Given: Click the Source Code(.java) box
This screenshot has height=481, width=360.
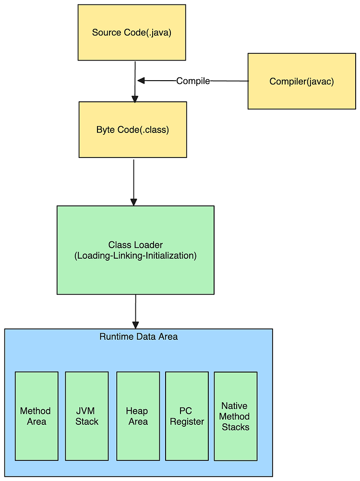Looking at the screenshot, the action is tap(132, 33).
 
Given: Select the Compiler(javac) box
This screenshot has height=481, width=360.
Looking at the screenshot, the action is tap(302, 81).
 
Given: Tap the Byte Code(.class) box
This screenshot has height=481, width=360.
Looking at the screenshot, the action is tap(133, 130).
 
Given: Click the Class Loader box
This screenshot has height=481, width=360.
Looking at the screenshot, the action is tap(135, 250).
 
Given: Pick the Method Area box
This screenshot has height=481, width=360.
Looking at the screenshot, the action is tap(36, 416).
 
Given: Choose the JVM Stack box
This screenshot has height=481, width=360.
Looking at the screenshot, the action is tap(87, 416).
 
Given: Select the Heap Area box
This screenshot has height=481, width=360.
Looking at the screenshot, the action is tap(138, 416).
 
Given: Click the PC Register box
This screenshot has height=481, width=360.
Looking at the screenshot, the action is tap(187, 416).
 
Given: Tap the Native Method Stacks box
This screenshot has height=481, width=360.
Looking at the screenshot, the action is tap(236, 416).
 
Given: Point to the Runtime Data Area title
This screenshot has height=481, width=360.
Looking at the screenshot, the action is tap(139, 337).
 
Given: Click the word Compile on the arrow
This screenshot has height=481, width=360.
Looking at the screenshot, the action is tap(193, 81).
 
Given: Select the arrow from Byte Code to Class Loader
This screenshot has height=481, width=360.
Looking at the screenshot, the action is tap(134, 182).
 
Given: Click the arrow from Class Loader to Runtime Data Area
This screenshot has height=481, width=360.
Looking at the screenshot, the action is tap(135, 312).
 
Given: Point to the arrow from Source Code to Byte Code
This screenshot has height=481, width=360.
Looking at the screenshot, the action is tap(135, 82).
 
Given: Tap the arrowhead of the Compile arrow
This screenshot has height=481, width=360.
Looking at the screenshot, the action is tap(141, 81).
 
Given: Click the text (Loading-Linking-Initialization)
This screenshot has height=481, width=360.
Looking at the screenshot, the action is tap(135, 255).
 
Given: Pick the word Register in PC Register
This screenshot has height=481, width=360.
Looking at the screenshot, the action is tap(187, 422).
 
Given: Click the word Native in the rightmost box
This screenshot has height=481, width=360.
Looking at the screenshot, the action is tap(234, 406).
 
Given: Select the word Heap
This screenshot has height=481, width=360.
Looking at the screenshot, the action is tap(137, 411).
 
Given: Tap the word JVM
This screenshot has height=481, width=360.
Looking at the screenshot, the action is tap(85, 411).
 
